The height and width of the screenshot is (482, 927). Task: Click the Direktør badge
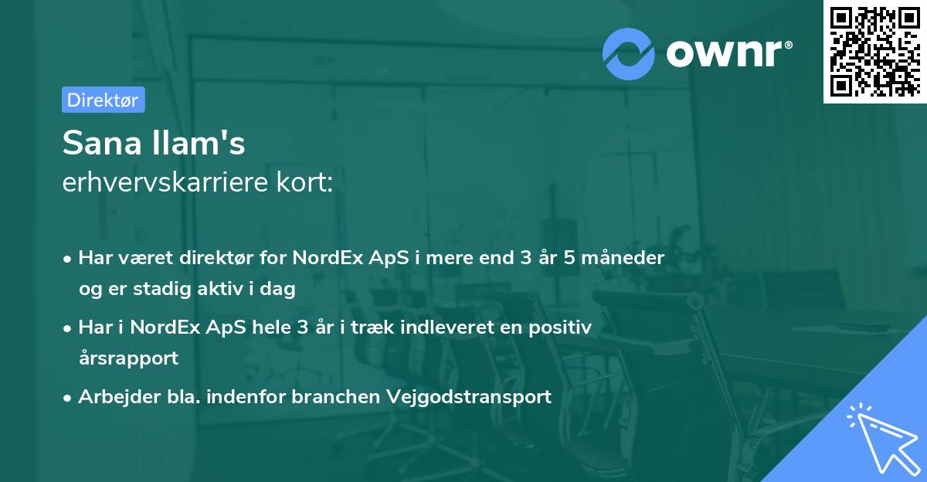103,100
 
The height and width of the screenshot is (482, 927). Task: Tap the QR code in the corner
874,52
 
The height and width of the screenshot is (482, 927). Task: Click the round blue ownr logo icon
629,53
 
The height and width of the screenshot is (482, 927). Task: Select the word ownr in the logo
727,54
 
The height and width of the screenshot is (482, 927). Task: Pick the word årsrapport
128,358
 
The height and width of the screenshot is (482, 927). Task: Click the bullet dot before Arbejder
69,398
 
